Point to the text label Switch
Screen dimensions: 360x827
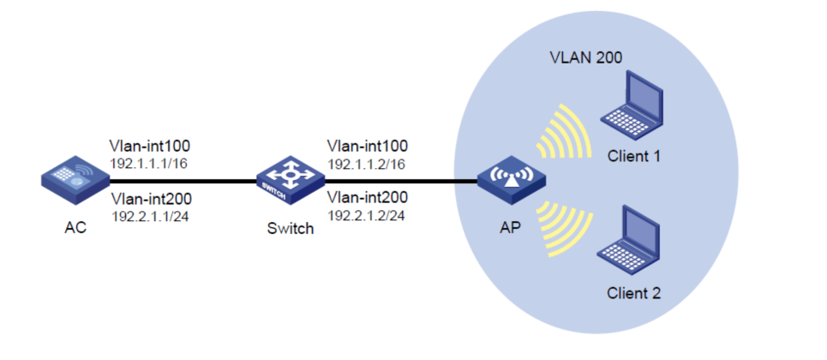pyautogui.click(x=291, y=229)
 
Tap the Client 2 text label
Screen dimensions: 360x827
pyautogui.click(x=634, y=293)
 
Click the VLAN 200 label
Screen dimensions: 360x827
pyautogui.click(x=585, y=58)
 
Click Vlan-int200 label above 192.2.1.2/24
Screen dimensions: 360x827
pyautogui.click(x=368, y=200)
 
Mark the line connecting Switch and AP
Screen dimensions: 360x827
pyautogui.click(x=399, y=181)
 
